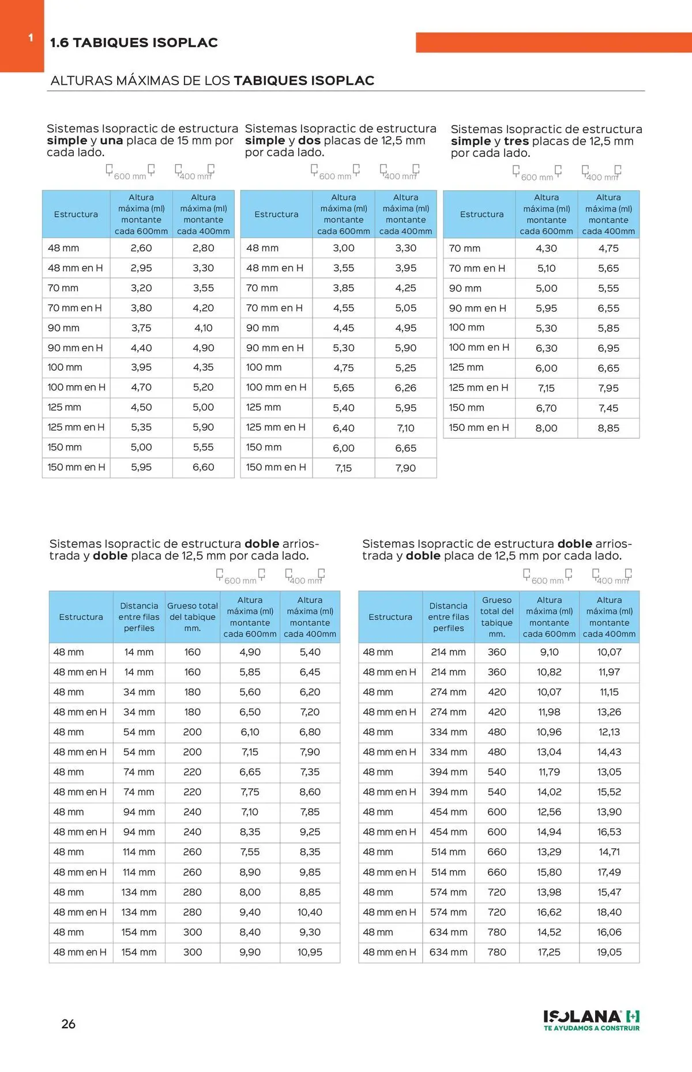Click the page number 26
[68, 1024]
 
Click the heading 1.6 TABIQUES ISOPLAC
[134, 43]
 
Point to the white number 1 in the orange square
[31, 38]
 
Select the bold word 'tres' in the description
[516, 141]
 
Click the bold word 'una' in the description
[111, 141]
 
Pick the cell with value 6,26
[405, 388]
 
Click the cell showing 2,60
[141, 248]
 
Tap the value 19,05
[609, 952]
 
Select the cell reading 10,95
[310, 952]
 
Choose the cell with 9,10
[549, 652]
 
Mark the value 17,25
[549, 952]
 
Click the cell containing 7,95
[608, 388]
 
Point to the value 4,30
[546, 249]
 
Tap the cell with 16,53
[609, 832]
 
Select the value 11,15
[609, 692]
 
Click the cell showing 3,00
[344, 248]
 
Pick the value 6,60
[203, 467]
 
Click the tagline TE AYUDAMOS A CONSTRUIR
[591, 1028]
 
